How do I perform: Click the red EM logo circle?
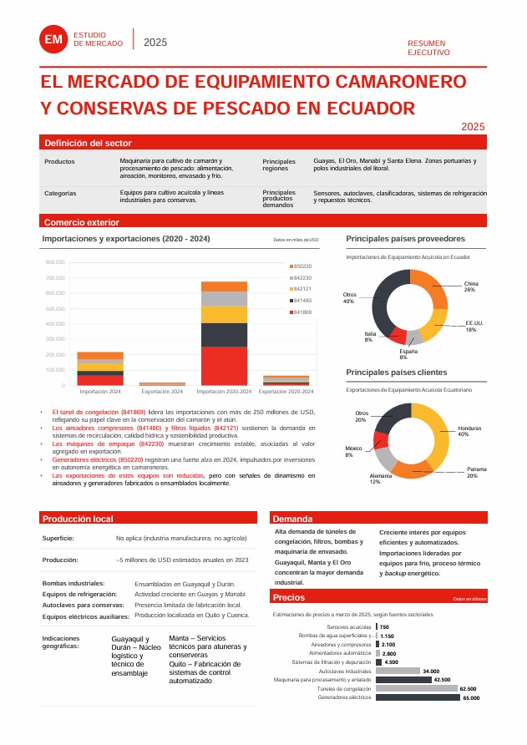point(54,39)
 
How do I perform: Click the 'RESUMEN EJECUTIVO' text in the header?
point(428,47)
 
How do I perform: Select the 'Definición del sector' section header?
point(88,143)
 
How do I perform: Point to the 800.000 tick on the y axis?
point(55,262)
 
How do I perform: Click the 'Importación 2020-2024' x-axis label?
point(225,391)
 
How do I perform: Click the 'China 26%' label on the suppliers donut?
point(470,286)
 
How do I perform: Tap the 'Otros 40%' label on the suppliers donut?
point(349,298)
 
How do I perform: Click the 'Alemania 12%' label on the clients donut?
point(375,479)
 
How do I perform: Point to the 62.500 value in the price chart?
point(468,689)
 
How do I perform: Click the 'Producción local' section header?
point(78,519)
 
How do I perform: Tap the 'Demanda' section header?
point(292,519)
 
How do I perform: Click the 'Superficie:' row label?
point(58,539)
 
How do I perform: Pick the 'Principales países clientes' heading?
point(397,372)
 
